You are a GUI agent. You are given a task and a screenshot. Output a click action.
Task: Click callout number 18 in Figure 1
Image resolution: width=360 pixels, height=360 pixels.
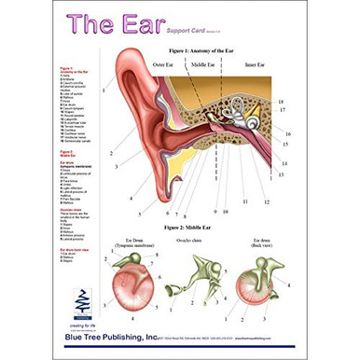coord(282,101)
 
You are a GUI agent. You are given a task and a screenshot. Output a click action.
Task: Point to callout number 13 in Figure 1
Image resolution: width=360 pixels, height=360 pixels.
coord(282,173)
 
